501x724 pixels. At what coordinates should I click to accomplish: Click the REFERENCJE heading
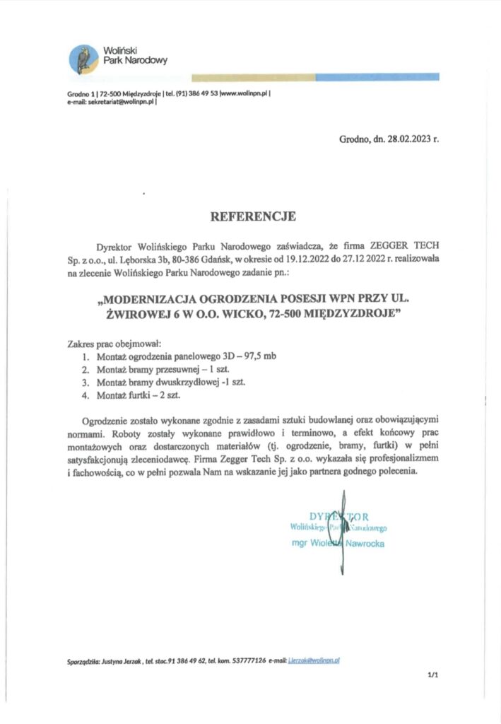[x=250, y=216]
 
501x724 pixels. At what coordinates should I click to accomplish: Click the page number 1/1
[x=432, y=676]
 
